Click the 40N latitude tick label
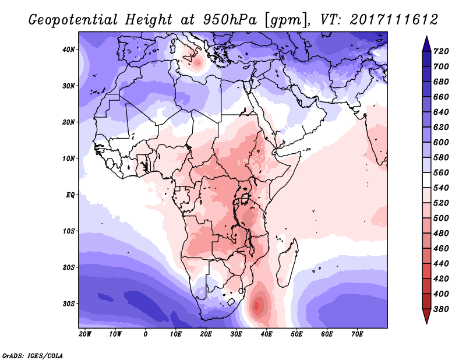click(68, 50)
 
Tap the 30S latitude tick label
click(68, 304)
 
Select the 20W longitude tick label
click(85, 334)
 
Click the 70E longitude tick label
click(357, 334)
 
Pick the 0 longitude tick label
click(145, 334)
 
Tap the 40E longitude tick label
click(266, 334)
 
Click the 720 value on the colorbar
click(441, 51)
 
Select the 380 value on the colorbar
click(441, 309)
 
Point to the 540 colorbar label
click(441, 188)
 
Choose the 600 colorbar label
click(441, 142)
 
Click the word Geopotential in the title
click(73, 20)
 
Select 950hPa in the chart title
click(230, 20)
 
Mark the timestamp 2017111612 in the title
click(394, 20)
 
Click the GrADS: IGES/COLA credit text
click(33, 355)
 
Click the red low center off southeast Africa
click(257, 305)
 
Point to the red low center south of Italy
click(197, 63)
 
